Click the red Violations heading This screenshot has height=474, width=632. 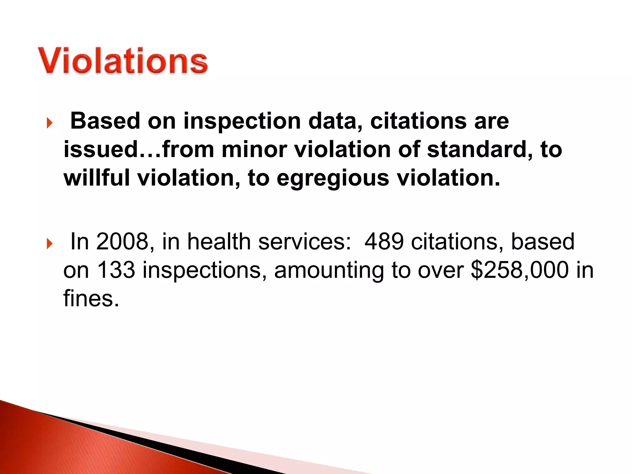click(123, 60)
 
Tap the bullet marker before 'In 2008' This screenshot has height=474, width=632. click(49, 244)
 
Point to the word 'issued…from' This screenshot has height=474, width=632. click(139, 150)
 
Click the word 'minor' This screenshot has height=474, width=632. click(254, 150)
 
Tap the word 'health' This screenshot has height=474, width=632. click(219, 242)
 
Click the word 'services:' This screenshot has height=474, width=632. click(305, 242)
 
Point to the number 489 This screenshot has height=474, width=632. click(384, 242)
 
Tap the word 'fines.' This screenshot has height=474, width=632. click(91, 298)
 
